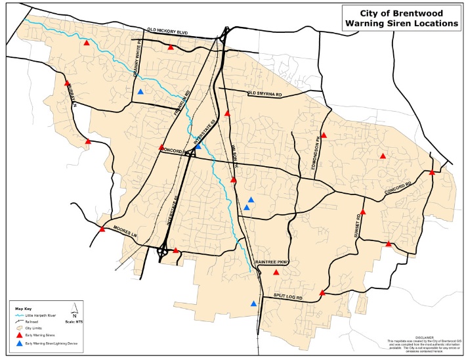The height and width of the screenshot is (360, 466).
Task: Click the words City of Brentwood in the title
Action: [x=402, y=12]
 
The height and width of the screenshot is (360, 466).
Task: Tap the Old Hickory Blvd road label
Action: [x=168, y=31]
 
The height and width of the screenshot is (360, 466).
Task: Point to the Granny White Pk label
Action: [x=140, y=64]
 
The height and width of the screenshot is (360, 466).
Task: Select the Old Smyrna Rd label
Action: [x=264, y=95]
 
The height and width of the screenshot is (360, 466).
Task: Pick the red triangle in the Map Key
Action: [x=19, y=334]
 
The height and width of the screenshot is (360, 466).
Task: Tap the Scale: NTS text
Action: [x=76, y=321]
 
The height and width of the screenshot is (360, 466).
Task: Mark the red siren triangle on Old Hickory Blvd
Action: [x=171, y=47]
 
